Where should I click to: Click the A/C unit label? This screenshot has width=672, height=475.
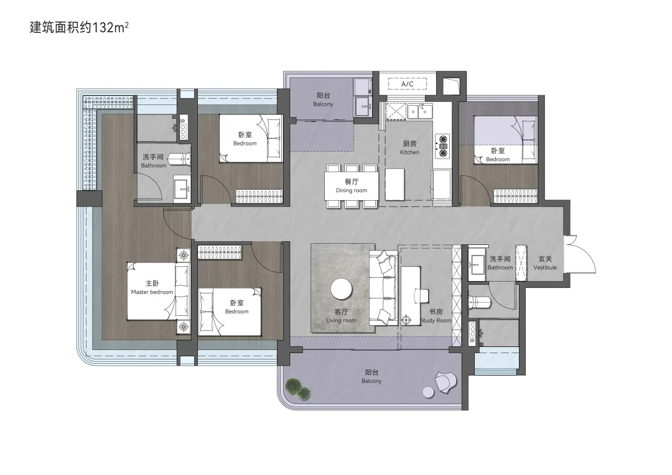pos(407,84)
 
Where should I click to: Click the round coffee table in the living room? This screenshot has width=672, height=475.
pos(342,290)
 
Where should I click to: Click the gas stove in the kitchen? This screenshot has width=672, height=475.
pos(442,145)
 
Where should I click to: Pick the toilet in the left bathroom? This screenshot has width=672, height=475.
pos(180,159)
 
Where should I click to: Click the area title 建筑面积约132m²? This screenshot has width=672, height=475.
pos(79,27)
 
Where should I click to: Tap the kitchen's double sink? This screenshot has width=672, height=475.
pos(419,111)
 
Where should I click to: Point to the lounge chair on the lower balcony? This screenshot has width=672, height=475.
pos(446,380)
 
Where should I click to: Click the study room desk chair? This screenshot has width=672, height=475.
pos(421,295)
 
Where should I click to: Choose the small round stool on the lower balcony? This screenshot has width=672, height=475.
pos(428,392)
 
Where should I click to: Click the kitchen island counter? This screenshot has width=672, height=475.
pos(394,184)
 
